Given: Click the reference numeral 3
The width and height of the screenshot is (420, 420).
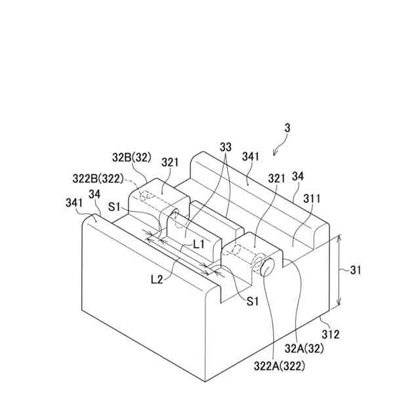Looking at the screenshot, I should coord(287,129).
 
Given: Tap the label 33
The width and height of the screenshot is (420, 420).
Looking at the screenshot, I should coord(226,149).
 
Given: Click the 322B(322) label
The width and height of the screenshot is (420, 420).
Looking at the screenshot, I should coord(100,178).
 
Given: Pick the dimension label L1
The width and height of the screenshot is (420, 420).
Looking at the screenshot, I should coord(199,244).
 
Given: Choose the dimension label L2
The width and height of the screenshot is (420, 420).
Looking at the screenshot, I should coord(156,279).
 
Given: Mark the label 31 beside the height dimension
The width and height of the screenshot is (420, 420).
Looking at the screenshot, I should coord(355,270).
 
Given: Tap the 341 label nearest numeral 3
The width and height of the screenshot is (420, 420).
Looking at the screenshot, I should coord(250,157).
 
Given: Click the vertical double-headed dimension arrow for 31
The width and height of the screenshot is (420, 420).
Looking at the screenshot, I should coord(339,271).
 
